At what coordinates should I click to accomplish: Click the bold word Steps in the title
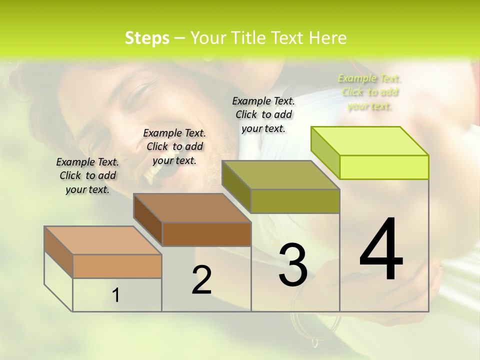click(147, 38)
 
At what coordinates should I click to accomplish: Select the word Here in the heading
click(328, 38)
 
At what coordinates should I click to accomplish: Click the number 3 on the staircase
click(293, 264)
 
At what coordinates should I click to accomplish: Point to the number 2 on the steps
click(201, 280)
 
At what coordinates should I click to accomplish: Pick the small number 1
click(116, 295)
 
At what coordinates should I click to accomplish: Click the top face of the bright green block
click(370, 141)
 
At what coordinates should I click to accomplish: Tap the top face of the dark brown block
click(192, 208)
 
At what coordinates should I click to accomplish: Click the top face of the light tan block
click(103, 240)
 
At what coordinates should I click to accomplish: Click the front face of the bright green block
click(384, 167)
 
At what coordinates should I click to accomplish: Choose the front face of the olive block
click(295, 201)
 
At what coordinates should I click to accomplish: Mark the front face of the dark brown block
click(206, 234)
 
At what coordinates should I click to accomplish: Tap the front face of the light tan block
click(117, 266)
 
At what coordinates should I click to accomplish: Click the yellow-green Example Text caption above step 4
click(370, 92)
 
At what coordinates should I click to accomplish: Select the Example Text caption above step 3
click(263, 114)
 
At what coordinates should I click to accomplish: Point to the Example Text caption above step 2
click(174, 146)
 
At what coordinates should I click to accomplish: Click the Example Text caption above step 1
click(87, 175)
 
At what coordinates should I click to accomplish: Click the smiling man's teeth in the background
click(152, 172)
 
